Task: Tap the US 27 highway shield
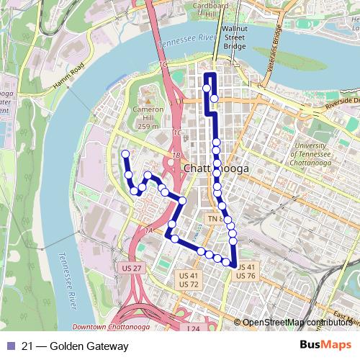tap(123, 267)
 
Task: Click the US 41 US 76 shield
tap(246, 271)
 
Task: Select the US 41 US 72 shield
tap(189, 279)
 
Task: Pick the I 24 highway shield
tap(192, 329)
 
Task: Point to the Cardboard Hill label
tap(210, 9)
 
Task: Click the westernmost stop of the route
tap(126, 153)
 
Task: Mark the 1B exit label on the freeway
tap(176, 155)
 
